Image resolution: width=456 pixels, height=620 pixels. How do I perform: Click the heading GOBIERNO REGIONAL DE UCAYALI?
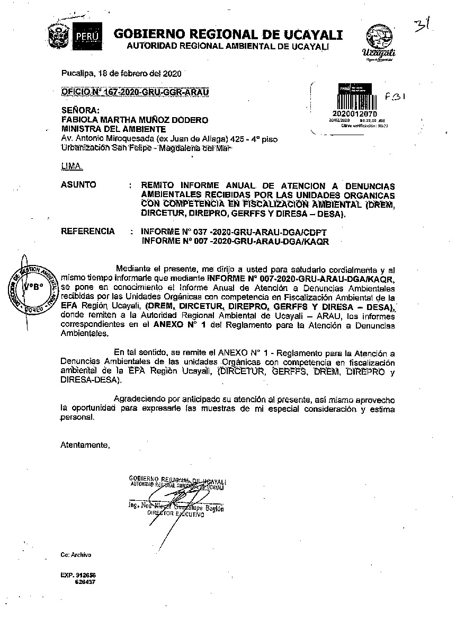228,34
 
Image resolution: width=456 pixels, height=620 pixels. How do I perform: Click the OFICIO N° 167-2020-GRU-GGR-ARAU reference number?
135,92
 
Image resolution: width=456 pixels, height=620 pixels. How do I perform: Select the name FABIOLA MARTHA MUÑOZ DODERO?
135,120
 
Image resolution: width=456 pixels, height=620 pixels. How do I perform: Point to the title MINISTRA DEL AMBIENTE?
114,129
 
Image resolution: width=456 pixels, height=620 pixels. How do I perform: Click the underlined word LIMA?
71,166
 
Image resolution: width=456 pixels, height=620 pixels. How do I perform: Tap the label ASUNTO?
79,185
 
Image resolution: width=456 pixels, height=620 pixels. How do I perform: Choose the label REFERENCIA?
88,231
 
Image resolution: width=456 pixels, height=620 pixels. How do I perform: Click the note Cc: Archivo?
76,555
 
